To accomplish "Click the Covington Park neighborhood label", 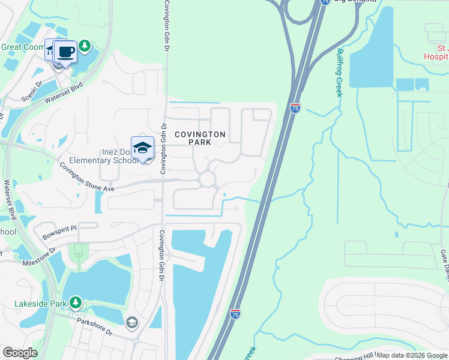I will [x=200, y=139].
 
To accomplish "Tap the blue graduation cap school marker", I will [x=142, y=148].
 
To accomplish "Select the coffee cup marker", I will [x=65, y=51].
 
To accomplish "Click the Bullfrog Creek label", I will [x=340, y=73].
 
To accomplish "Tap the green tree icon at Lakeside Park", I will [x=74, y=302].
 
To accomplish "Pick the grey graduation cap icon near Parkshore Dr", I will [x=131, y=323].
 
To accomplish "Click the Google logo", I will [x=19, y=353].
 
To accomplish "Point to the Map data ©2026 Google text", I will [x=412, y=355].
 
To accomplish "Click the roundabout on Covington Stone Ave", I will [x=208, y=179].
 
